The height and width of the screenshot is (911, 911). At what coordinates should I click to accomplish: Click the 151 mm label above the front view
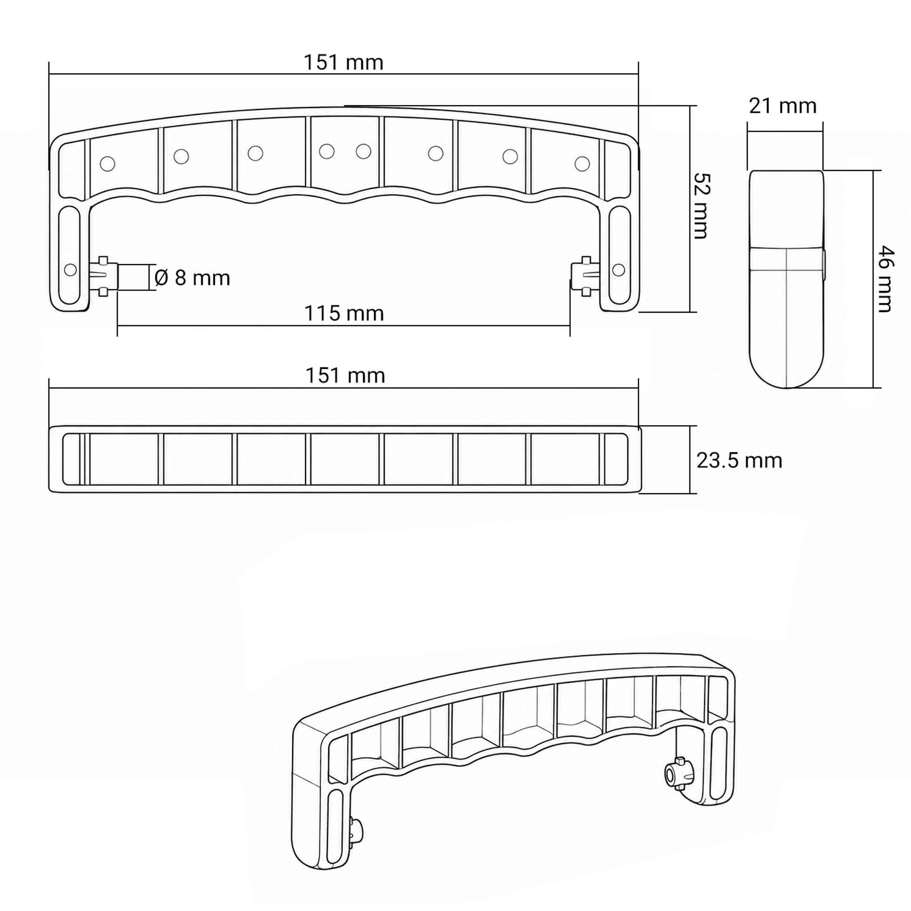click(x=343, y=63)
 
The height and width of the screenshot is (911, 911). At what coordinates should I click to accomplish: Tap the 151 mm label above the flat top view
click(x=345, y=376)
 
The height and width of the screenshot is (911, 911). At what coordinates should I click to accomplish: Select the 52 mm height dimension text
click(x=701, y=206)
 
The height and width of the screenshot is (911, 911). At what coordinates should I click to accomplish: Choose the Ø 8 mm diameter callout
click(x=192, y=278)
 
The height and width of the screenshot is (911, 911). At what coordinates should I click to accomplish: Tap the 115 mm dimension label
click(x=344, y=314)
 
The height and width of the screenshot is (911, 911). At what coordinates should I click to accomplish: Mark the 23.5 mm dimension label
click(x=739, y=460)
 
